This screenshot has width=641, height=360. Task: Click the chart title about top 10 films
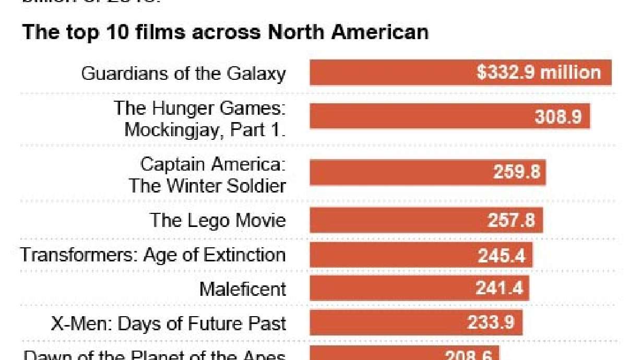(x=225, y=32)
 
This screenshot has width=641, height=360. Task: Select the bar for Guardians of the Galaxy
(x=391, y=73)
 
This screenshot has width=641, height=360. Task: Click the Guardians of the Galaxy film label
(x=183, y=73)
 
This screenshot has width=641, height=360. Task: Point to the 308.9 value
(x=558, y=116)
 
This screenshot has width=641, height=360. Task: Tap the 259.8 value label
(x=516, y=172)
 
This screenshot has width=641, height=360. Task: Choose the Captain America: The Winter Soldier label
(x=208, y=175)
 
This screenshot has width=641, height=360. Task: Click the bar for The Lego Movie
(x=391, y=220)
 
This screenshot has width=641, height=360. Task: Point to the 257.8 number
(x=511, y=220)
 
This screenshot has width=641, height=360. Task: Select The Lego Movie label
(x=218, y=220)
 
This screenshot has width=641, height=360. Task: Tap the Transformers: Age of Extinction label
(x=153, y=255)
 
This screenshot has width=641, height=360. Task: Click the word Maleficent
(x=243, y=289)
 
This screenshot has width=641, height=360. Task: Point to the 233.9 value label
(x=491, y=323)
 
